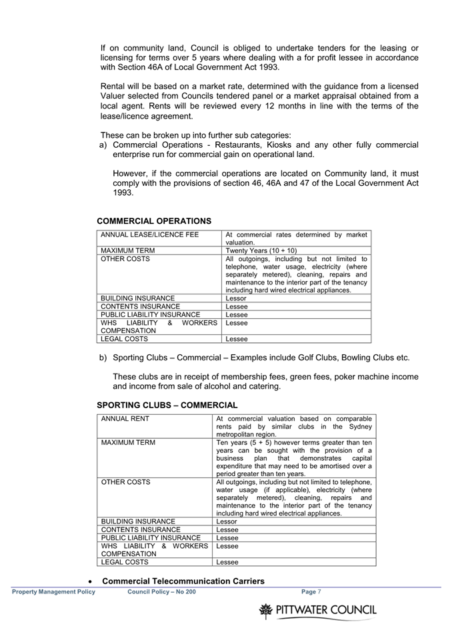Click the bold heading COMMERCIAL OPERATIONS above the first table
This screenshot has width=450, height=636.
pyautogui.click(x=154, y=221)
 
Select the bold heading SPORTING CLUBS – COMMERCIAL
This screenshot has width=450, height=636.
pyautogui.click(x=167, y=405)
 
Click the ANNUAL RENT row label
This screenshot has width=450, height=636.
pyautogui.click(x=125, y=418)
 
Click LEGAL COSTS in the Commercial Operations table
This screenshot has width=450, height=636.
pyautogui.click(x=124, y=339)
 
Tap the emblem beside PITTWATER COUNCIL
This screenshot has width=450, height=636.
pyautogui.click(x=266, y=611)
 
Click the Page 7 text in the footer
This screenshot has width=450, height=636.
pyautogui.click(x=311, y=591)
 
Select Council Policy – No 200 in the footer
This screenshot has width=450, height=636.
pyautogui.click(x=161, y=591)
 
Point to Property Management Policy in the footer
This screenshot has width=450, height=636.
pyautogui.click(x=53, y=591)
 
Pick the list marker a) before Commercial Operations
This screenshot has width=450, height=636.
pyautogui.click(x=103, y=145)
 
